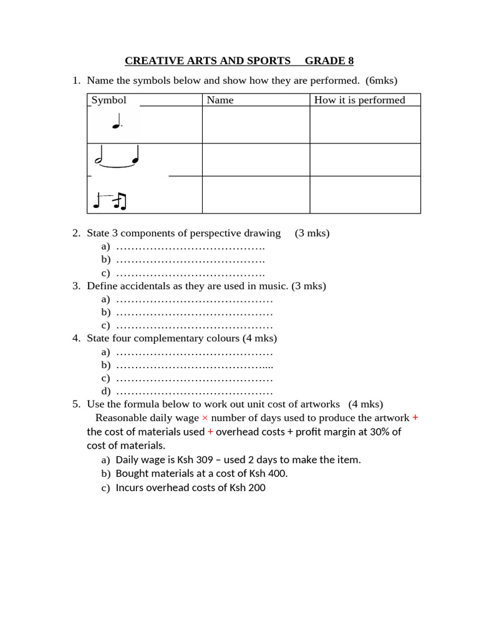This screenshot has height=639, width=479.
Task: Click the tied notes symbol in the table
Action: click(x=117, y=159)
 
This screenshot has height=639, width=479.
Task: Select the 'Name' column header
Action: click(x=220, y=100)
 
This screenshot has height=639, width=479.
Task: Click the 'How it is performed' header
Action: click(x=359, y=100)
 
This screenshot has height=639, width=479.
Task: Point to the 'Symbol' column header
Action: click(x=109, y=100)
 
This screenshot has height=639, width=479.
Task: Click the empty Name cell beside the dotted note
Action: click(x=256, y=125)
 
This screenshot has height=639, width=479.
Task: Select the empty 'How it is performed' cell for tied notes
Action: click(x=365, y=160)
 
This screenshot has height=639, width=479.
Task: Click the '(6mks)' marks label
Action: click(x=382, y=80)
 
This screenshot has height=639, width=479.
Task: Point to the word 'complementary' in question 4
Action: click(x=192, y=338)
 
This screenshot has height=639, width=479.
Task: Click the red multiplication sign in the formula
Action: click(x=205, y=418)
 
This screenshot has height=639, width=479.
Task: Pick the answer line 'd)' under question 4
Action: click(x=187, y=392)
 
